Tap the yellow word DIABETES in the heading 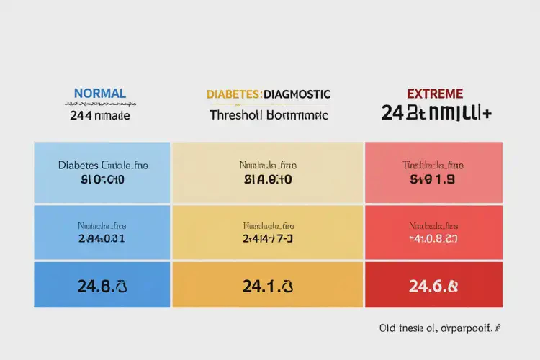[x=234, y=94]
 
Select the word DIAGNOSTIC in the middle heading [x=297, y=94]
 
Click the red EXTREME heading [x=434, y=94]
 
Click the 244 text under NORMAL [x=80, y=115]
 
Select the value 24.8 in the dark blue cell [x=91, y=286]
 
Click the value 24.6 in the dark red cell [x=425, y=286]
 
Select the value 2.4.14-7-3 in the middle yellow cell [x=267, y=238]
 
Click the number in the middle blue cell [x=102, y=238]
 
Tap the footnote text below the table [x=440, y=328]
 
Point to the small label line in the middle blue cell [x=102, y=225]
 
